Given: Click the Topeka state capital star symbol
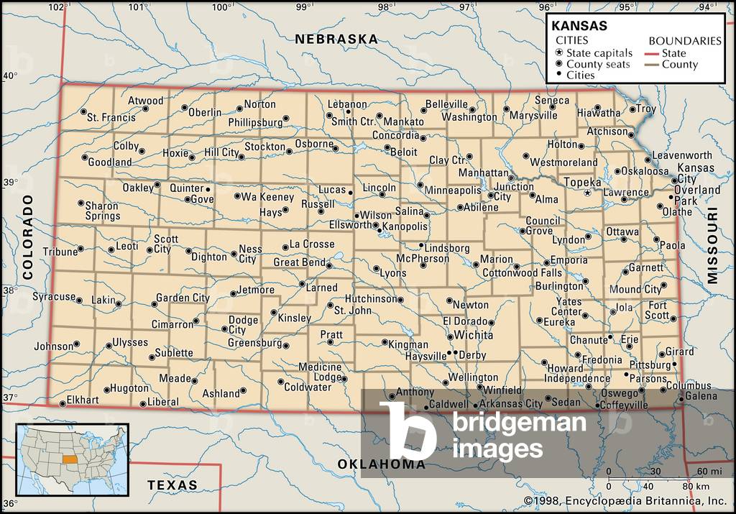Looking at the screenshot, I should tap(588, 193).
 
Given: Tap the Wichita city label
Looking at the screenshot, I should tap(473, 335).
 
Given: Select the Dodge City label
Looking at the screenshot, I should tap(237, 325).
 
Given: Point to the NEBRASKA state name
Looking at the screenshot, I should tap(336, 39).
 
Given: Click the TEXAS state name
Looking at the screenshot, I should tap(172, 485).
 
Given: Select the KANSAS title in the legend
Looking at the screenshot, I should tap(579, 25).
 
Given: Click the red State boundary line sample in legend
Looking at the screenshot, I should tap(652, 53).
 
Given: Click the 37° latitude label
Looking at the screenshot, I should tap(9, 398).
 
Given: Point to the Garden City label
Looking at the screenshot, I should tap(183, 298).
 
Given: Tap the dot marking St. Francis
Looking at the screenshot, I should tap(84, 112).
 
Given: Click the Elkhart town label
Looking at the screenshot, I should tap(82, 400).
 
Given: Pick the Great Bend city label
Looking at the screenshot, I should tap(299, 262).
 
